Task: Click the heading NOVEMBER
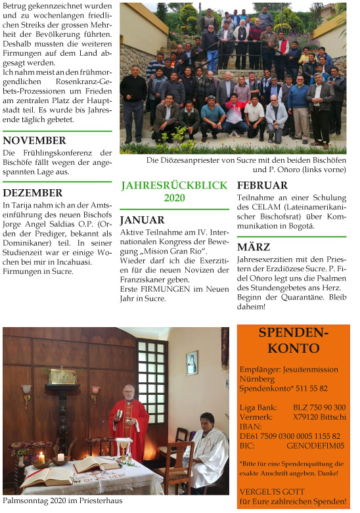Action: [x=34, y=140]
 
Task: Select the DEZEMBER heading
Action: [x=33, y=192]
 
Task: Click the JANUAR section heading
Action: [x=142, y=220]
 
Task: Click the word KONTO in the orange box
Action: [x=294, y=348]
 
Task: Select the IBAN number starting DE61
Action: [x=290, y=435]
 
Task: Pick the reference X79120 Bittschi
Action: [x=319, y=416]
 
